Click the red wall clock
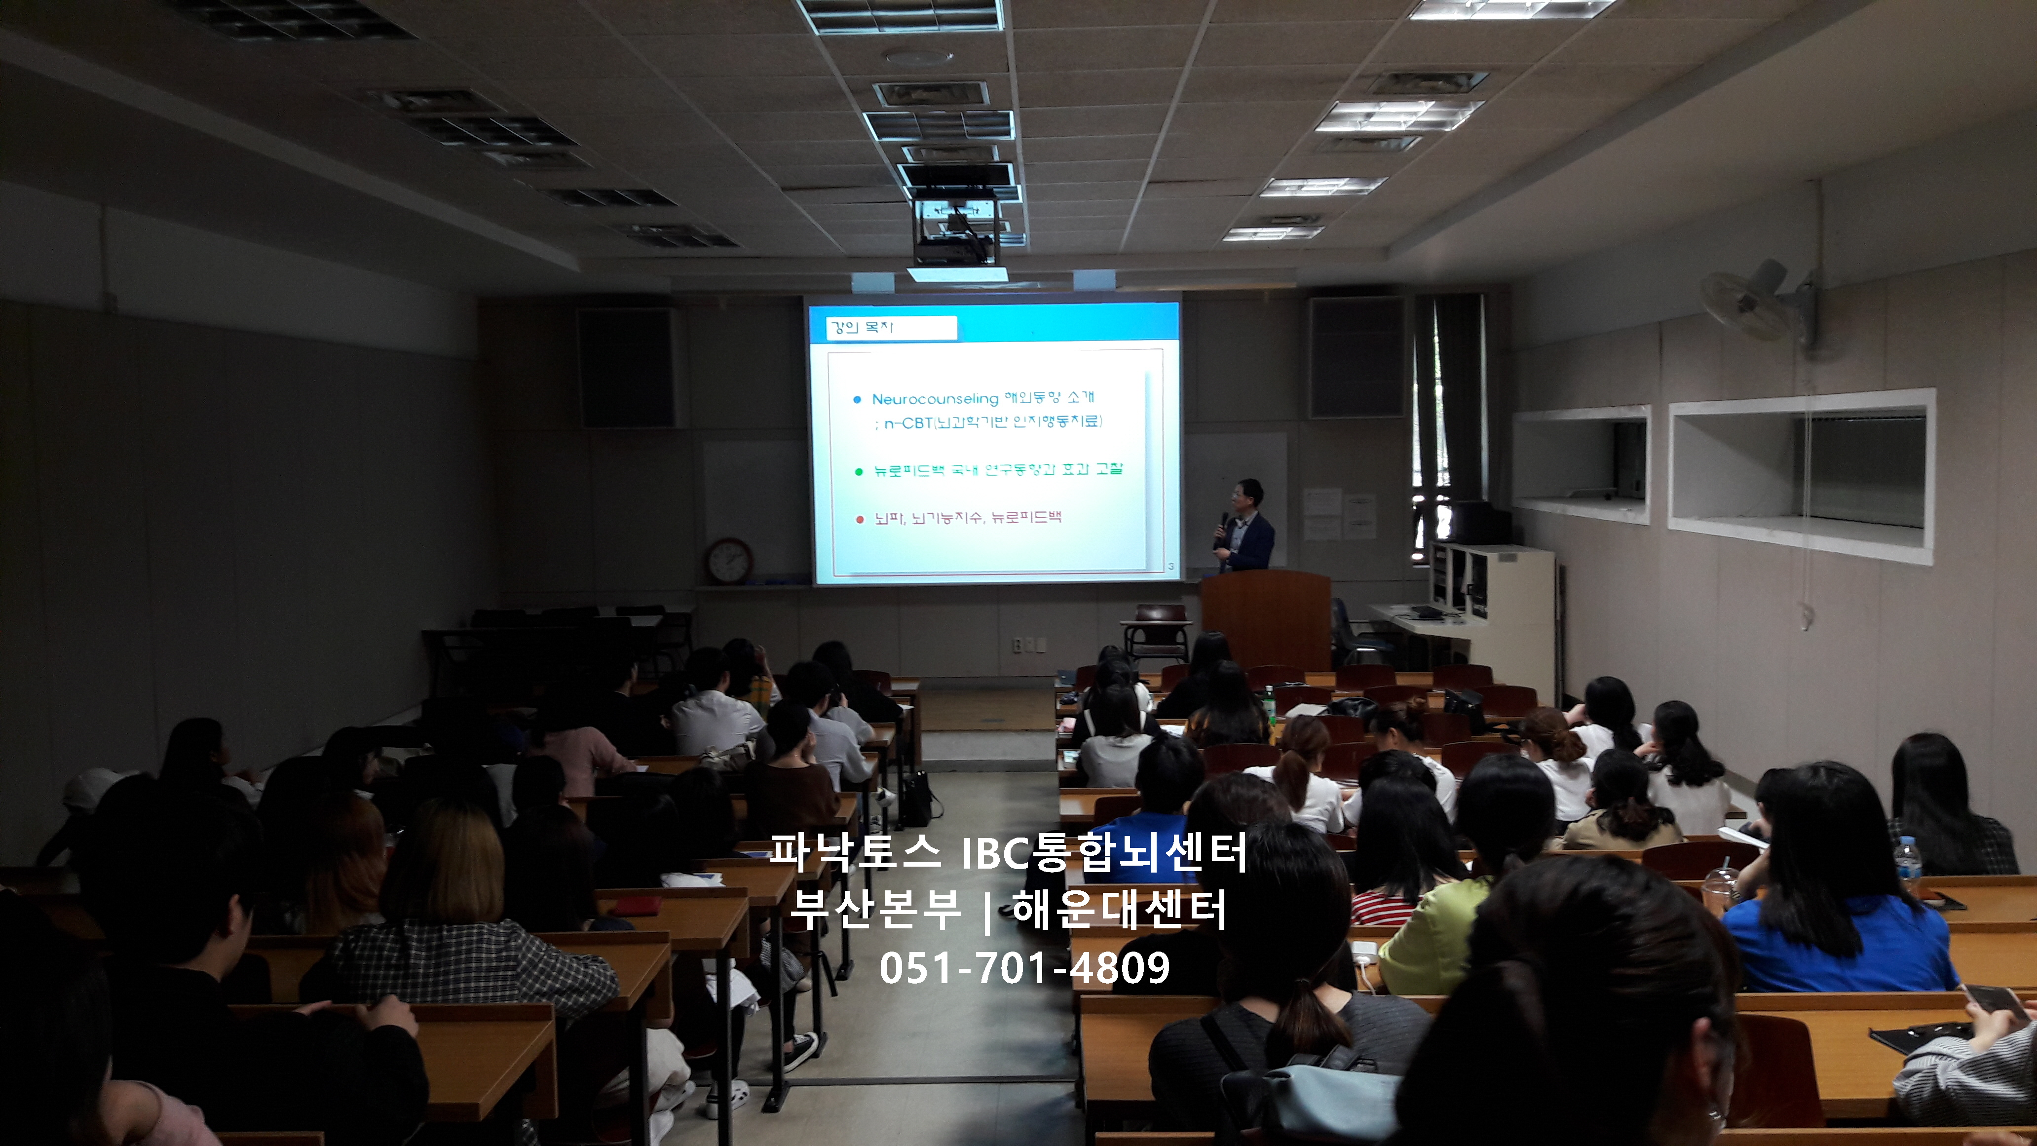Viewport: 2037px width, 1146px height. click(x=729, y=561)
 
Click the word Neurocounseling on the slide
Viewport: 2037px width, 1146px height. click(x=935, y=399)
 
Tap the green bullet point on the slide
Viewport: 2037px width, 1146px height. click(x=859, y=472)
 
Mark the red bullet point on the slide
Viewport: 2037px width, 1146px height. click(x=860, y=520)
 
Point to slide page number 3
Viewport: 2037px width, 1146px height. click(x=1170, y=566)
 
